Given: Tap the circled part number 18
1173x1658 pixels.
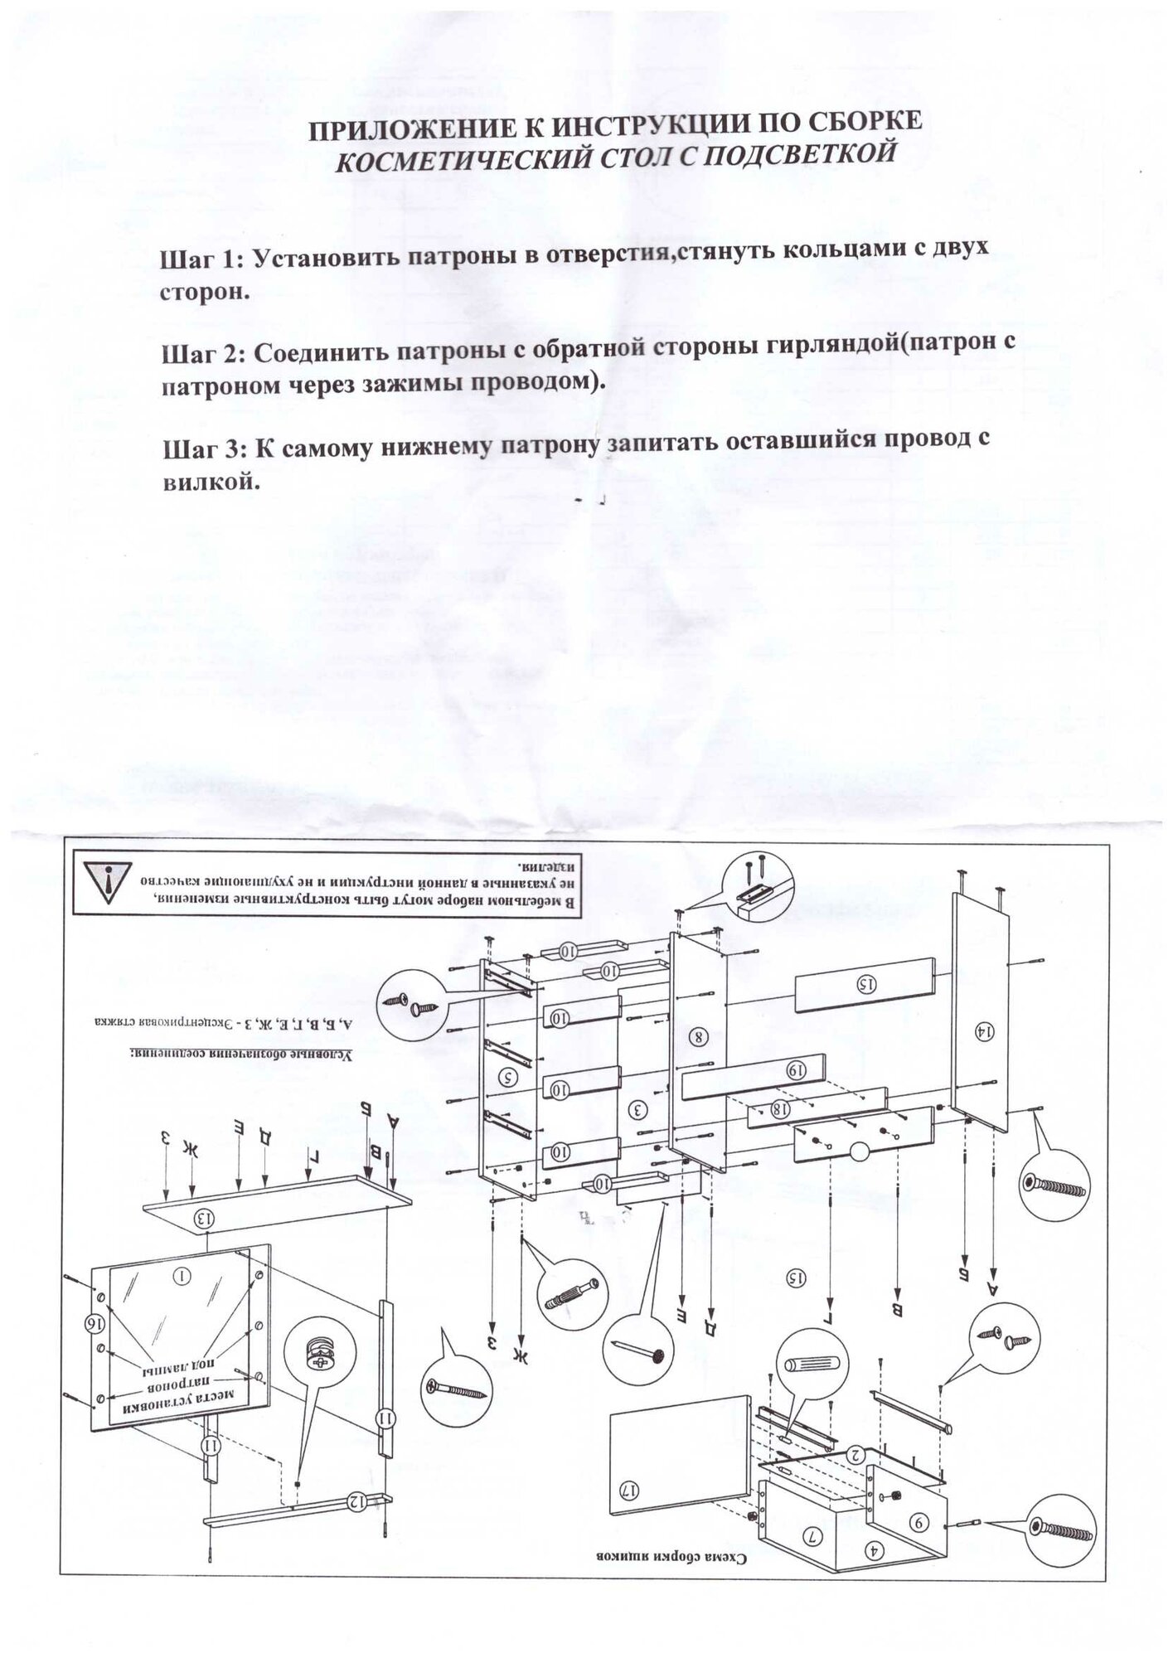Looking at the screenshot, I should [x=780, y=1109].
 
